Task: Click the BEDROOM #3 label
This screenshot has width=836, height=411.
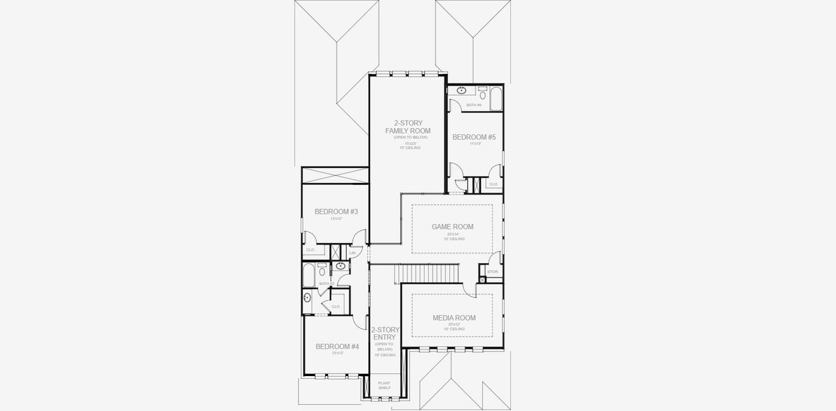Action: pos(336,212)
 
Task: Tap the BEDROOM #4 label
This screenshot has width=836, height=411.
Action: pos(337,347)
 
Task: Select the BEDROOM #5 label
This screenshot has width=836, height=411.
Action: pos(473,137)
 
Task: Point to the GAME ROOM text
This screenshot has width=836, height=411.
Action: pos(452,227)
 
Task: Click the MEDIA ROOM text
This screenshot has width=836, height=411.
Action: pos(454,318)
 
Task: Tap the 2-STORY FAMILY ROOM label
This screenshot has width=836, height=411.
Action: pos(407,127)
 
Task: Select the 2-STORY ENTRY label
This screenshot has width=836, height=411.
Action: pos(385,334)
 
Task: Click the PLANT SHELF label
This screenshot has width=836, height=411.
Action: pos(384,385)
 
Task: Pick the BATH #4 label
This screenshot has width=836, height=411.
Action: pos(474,105)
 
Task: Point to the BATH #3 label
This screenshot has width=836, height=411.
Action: pos(326,283)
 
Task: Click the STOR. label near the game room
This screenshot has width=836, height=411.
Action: pos(492,272)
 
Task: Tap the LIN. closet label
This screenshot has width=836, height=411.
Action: pos(352,253)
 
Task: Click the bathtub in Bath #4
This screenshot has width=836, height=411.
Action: pos(496,98)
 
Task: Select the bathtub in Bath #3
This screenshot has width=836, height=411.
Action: pos(309,276)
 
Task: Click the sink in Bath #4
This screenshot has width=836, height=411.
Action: pos(461,90)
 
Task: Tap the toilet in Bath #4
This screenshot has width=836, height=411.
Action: pos(482,94)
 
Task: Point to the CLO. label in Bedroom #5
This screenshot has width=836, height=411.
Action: pos(493,184)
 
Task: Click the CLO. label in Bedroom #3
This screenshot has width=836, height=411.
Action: pos(310,249)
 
